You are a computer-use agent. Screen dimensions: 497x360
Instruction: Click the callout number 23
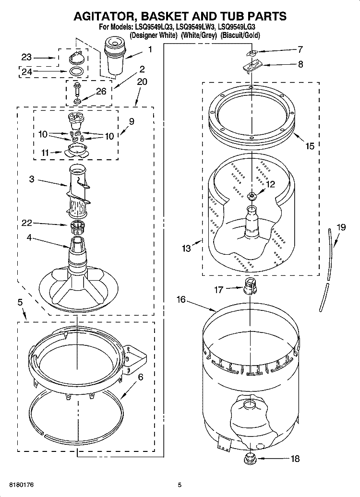coord(26,57)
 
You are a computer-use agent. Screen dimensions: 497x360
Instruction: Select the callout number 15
coord(310,146)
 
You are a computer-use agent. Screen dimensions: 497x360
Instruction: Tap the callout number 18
coord(294,459)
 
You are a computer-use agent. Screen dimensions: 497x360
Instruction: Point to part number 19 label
coord(340,227)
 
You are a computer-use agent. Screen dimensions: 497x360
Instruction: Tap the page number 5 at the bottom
coord(179,485)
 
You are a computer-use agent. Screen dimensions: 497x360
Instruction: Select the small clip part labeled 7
coord(252,53)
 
